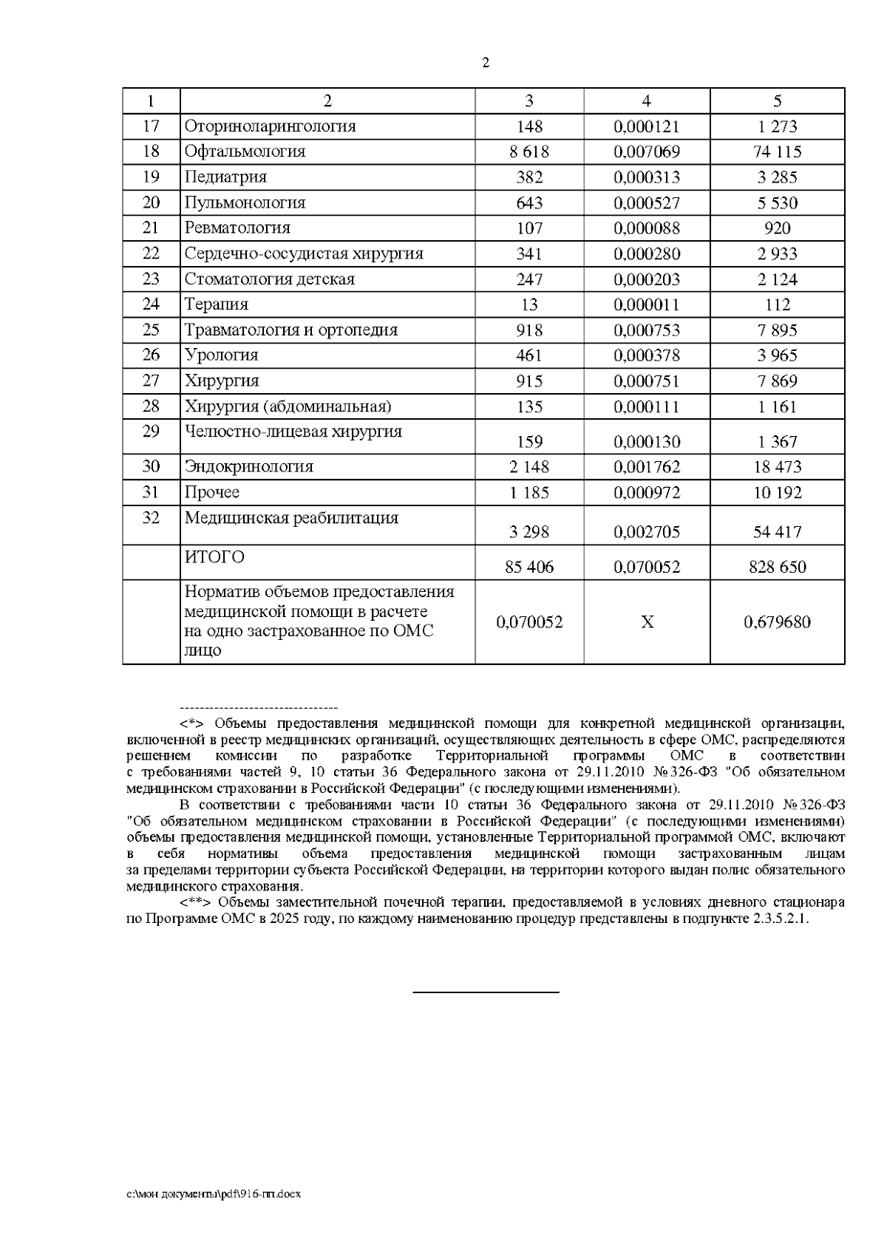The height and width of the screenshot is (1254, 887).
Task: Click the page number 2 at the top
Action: point(485,63)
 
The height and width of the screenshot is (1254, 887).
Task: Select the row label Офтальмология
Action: point(245,151)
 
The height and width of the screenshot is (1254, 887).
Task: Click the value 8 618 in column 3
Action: point(529,152)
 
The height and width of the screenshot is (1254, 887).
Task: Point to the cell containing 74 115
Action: point(778,152)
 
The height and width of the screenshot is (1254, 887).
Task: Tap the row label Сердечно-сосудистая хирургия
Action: point(304,253)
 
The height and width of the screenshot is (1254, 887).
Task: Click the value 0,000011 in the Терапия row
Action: point(647,304)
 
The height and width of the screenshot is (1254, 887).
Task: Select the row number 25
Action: point(151,330)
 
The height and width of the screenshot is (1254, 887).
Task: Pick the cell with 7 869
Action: point(778,381)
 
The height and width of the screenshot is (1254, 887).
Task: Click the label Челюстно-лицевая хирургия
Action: point(293,432)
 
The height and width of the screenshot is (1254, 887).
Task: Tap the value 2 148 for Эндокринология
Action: point(529,467)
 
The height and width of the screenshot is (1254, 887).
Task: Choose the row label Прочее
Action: point(212,492)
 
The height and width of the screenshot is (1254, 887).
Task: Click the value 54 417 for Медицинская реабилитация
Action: point(778,532)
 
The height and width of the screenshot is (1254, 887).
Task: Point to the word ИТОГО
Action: point(214,557)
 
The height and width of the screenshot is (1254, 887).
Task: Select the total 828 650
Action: point(778,568)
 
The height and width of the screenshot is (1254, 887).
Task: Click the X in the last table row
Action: point(647,622)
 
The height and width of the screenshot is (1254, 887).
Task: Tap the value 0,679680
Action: point(778,622)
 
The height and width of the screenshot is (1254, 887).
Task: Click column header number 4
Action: point(647,101)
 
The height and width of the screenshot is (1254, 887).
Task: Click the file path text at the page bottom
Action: point(214,1194)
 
